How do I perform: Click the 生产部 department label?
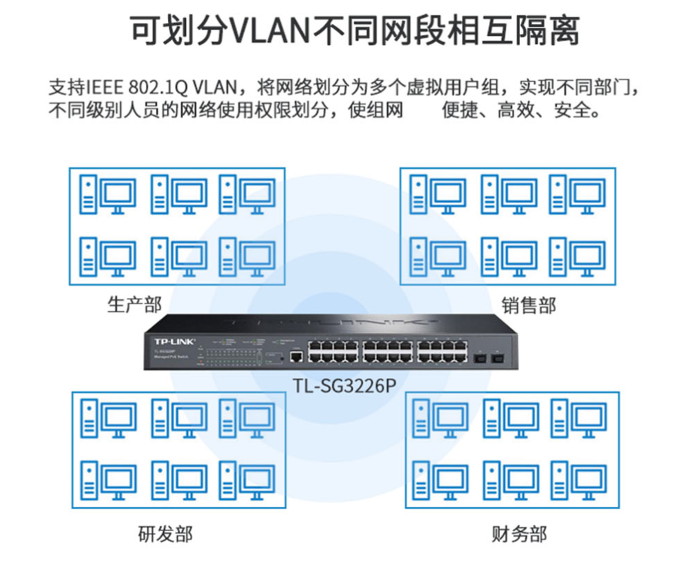pos(134,304)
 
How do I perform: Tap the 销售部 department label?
pos(529,305)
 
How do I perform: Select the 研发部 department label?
pos(165,534)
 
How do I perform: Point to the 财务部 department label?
pos(519,534)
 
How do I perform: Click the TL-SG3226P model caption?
pos(344,386)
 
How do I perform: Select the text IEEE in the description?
pos(104,88)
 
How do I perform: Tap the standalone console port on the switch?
pos(296,356)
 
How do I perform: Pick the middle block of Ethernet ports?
pos(387,352)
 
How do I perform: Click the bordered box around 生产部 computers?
pos(177,225)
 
